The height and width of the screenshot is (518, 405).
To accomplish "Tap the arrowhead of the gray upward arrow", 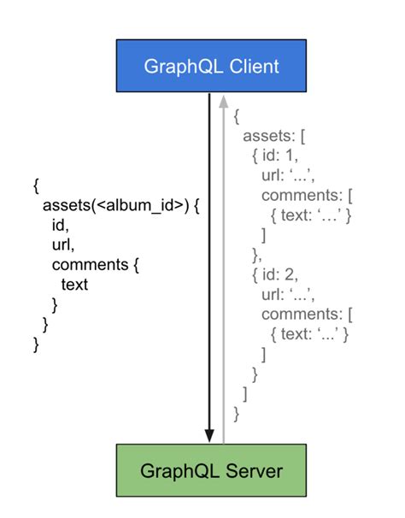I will tap(224, 101).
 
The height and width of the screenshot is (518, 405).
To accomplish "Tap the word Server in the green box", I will tap(254, 470).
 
